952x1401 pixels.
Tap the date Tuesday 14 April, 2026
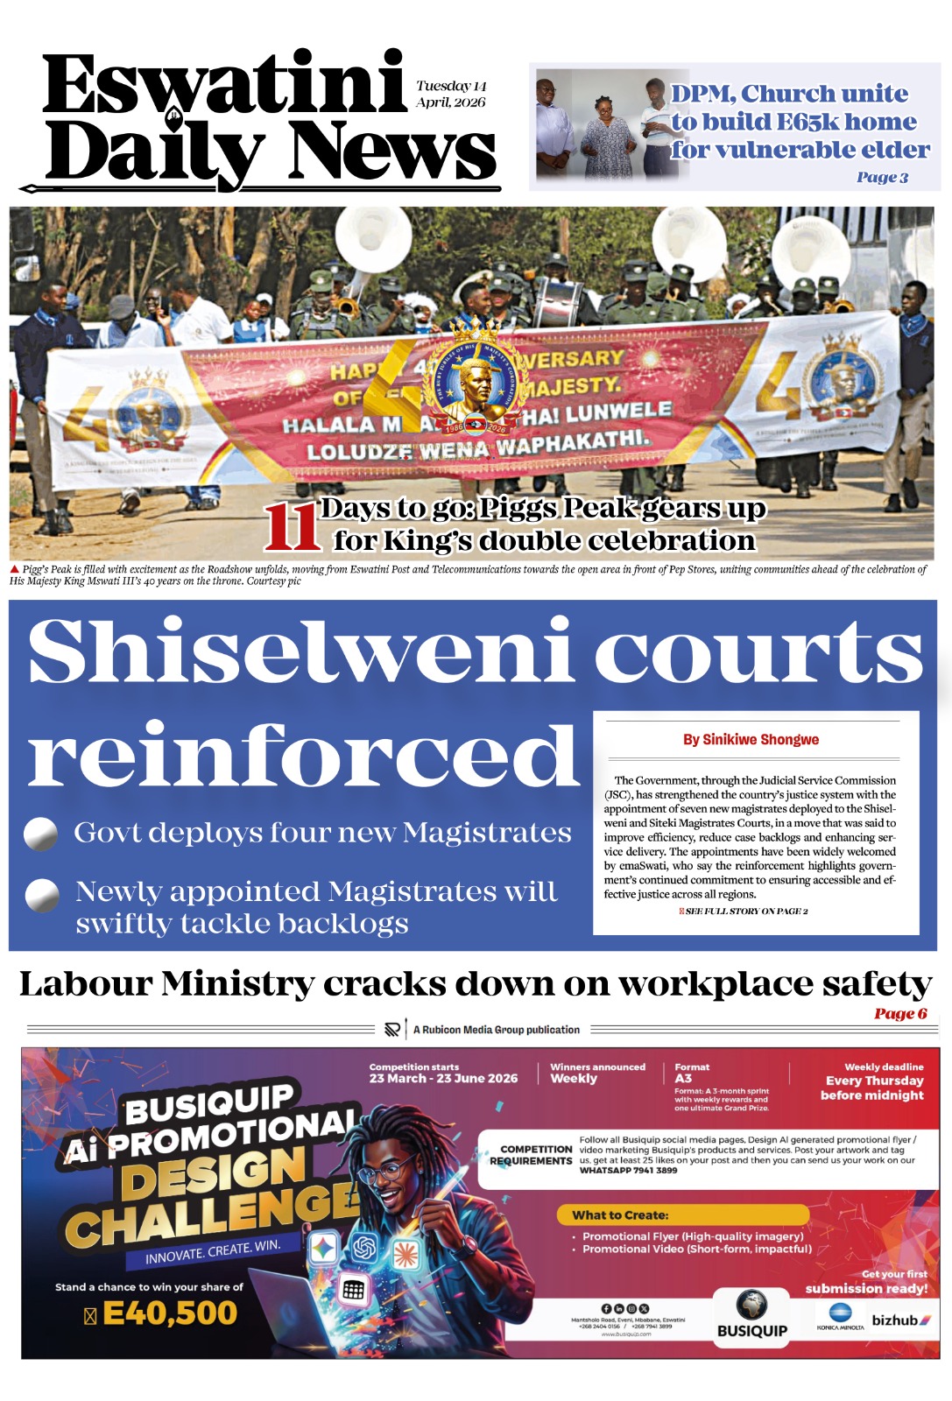pos(451,94)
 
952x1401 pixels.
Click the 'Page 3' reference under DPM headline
pos(882,178)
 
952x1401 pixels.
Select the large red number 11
pos(292,527)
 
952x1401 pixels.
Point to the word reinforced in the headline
pos(302,756)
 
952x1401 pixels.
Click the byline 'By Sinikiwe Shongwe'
pos(751,740)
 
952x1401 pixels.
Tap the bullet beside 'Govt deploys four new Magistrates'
pos(40,834)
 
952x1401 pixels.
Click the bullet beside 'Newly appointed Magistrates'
pos(41,895)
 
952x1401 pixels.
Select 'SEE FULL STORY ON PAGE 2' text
pos(745,912)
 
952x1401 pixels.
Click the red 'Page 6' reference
pos(900,1014)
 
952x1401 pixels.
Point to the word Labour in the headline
pos(85,984)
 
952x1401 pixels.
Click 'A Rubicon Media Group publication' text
pos(496,1030)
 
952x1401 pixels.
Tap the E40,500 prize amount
pos(169,1313)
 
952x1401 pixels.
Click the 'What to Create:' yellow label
pos(620,1215)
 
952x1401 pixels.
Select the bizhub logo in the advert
pos(900,1320)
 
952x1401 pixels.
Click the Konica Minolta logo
pos(840,1316)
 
